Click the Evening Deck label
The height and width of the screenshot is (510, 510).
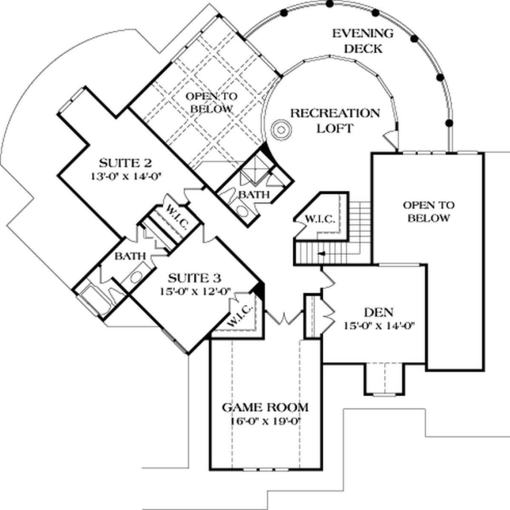(x=363, y=41)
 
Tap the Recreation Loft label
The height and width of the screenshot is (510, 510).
(x=334, y=120)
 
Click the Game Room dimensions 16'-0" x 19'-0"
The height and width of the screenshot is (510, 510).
(x=266, y=421)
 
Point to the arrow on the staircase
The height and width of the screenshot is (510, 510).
(x=322, y=254)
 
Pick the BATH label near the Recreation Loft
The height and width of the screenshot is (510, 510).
(x=253, y=195)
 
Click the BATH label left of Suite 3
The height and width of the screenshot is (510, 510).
(x=131, y=256)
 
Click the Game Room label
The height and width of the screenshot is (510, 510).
(x=266, y=408)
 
